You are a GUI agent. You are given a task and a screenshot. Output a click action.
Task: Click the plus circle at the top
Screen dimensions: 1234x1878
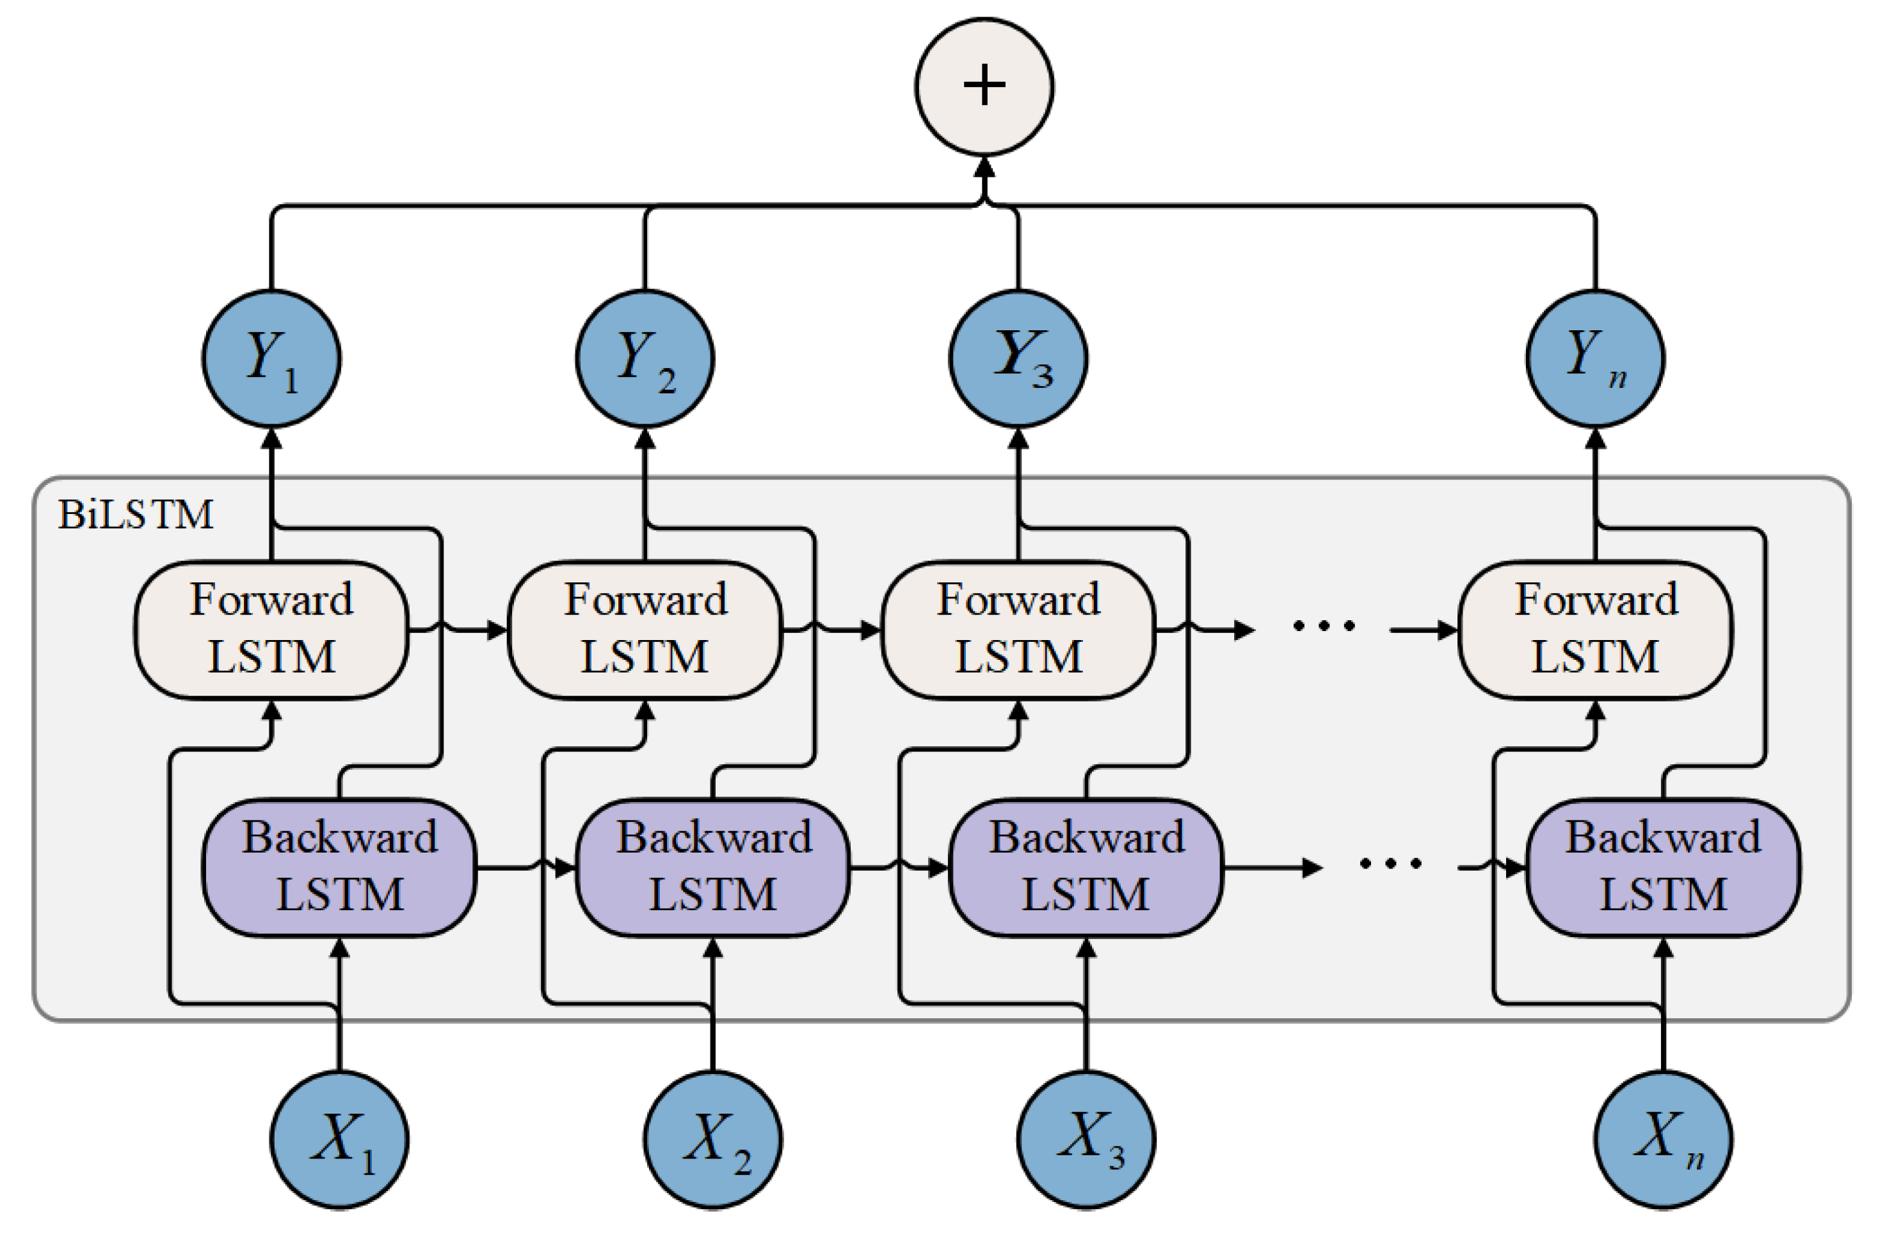click(x=984, y=86)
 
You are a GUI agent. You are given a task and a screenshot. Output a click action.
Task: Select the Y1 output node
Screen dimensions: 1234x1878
click(x=271, y=359)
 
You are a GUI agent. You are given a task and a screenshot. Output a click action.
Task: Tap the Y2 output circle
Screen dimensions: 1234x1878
click(x=645, y=359)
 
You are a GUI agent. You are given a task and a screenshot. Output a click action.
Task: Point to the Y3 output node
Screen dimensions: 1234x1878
click(x=1018, y=359)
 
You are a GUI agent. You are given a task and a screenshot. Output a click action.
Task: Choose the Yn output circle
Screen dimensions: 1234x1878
click(x=1594, y=359)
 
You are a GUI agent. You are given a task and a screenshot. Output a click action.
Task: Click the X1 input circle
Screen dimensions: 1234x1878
click(x=339, y=1139)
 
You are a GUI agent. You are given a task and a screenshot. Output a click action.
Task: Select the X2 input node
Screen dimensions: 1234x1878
click(x=712, y=1139)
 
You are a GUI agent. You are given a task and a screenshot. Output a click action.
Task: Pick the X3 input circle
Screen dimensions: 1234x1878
click(x=1086, y=1139)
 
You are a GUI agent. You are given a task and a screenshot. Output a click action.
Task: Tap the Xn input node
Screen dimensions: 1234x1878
click(x=1662, y=1139)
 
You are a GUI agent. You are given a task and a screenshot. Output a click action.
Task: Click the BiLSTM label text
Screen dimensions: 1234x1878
click(x=136, y=515)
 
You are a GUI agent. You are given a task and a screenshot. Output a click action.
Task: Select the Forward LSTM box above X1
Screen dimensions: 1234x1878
click(x=271, y=630)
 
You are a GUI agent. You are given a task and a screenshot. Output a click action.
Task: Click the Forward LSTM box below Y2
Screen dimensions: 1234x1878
click(x=645, y=630)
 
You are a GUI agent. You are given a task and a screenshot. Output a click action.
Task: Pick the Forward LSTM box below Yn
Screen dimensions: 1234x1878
click(x=1594, y=630)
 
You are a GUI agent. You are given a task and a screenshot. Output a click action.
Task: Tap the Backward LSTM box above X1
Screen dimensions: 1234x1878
click(x=339, y=867)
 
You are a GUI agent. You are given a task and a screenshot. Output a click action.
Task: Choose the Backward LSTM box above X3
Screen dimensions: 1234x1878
click(x=1086, y=867)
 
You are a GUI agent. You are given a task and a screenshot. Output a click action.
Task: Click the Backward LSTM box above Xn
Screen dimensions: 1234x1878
click(x=1662, y=867)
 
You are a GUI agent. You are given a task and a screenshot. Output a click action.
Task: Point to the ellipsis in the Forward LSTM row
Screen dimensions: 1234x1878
click(x=1323, y=627)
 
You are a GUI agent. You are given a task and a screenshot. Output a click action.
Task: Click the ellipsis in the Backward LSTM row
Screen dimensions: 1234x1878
click(x=1390, y=864)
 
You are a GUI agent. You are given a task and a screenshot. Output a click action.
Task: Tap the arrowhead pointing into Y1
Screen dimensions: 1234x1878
click(x=271, y=438)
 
